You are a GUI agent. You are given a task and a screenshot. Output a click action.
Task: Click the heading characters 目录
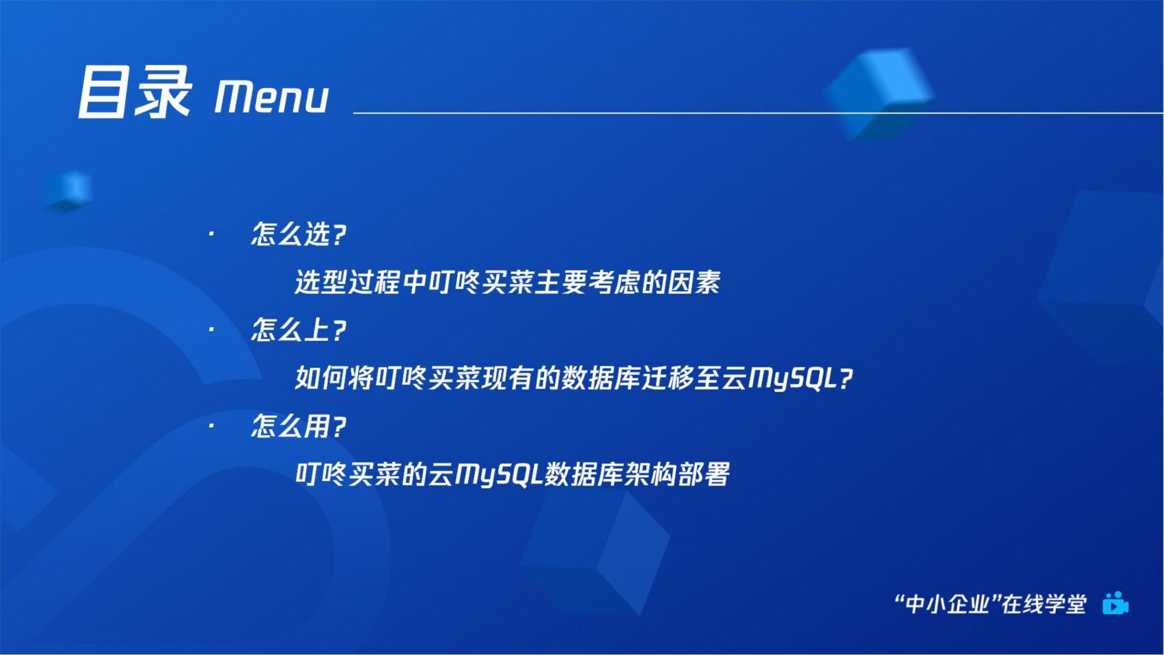coord(134,92)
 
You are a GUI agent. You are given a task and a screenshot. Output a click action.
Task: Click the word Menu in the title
coord(271,97)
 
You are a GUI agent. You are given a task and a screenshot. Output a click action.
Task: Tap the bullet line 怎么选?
coord(298,234)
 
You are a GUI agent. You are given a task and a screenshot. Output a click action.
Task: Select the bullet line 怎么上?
coord(298,330)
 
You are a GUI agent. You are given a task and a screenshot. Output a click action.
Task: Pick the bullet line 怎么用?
coord(298,426)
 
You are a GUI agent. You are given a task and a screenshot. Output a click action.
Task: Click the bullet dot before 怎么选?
coord(211,234)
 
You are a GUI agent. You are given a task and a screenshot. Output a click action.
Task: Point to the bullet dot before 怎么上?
coord(211,330)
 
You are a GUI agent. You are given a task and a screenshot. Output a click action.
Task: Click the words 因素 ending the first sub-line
coord(694,282)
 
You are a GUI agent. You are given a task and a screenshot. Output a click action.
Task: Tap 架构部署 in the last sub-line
coord(677,474)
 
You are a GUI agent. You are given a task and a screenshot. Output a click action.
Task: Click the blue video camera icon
coord(1115,603)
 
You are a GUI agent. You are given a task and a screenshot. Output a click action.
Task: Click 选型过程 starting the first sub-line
coord(348,282)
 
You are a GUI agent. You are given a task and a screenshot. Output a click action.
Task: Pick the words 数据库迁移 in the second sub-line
coord(615,378)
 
